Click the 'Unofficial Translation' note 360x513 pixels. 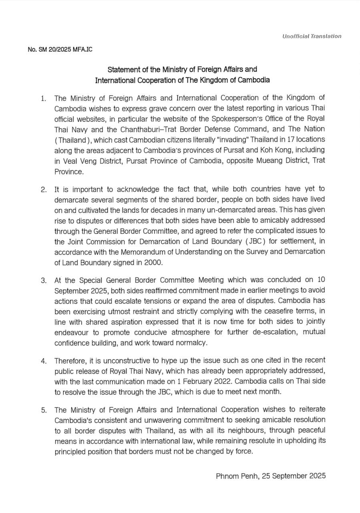312,36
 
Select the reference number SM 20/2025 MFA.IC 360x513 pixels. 60,50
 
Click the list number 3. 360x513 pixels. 44,279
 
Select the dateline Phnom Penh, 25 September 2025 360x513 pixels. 271,476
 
